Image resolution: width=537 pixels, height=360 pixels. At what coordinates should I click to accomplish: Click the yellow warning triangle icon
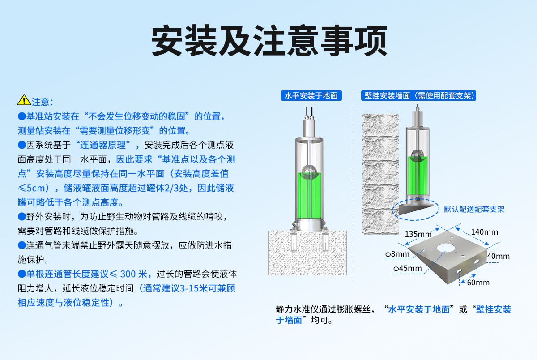(x=24, y=100)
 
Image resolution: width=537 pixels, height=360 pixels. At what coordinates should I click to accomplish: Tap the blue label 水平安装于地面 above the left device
(x=311, y=96)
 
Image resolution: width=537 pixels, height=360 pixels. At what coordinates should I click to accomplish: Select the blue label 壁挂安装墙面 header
(x=418, y=96)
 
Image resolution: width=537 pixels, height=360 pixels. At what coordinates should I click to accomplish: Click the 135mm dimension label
(x=418, y=234)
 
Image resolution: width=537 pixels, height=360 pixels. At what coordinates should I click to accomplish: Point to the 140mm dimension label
(x=485, y=232)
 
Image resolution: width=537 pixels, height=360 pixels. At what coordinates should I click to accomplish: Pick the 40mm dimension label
(x=499, y=256)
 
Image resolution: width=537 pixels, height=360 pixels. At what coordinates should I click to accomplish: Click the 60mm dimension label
(x=478, y=283)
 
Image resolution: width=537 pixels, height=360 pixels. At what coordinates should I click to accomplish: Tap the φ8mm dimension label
(x=397, y=254)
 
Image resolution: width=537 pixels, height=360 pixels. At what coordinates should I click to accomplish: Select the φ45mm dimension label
(x=407, y=268)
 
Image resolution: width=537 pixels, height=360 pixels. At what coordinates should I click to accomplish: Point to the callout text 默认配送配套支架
(x=474, y=209)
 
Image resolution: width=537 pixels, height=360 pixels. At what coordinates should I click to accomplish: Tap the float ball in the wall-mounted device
(x=418, y=155)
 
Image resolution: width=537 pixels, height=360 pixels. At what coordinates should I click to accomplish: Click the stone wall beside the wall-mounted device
(x=380, y=174)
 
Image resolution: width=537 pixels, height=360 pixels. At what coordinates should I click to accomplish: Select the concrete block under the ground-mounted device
(x=307, y=253)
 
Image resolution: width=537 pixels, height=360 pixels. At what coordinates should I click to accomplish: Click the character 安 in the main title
(x=167, y=40)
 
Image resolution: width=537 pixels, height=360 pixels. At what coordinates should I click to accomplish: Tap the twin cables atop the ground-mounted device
(x=309, y=112)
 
